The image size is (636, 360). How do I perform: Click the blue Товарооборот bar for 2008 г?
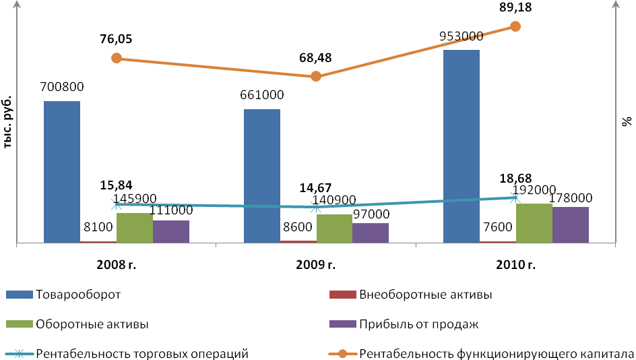[62, 171]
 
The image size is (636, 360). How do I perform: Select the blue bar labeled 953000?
[462, 146]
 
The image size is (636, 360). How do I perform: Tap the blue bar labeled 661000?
[262, 175]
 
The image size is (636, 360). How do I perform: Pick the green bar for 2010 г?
[534, 222]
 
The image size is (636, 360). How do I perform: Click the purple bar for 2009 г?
[371, 233]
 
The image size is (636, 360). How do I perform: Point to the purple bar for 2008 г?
[171, 231]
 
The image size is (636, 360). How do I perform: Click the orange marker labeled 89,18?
[515, 26]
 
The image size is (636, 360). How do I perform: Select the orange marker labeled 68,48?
[316, 76]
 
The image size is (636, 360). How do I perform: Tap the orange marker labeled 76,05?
[117, 58]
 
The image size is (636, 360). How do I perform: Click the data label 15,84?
[117, 186]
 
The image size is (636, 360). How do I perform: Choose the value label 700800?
[62, 87]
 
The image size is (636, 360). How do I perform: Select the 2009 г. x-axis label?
[316, 264]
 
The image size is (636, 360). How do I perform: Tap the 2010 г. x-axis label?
[515, 264]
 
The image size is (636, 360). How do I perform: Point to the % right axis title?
[627, 121]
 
